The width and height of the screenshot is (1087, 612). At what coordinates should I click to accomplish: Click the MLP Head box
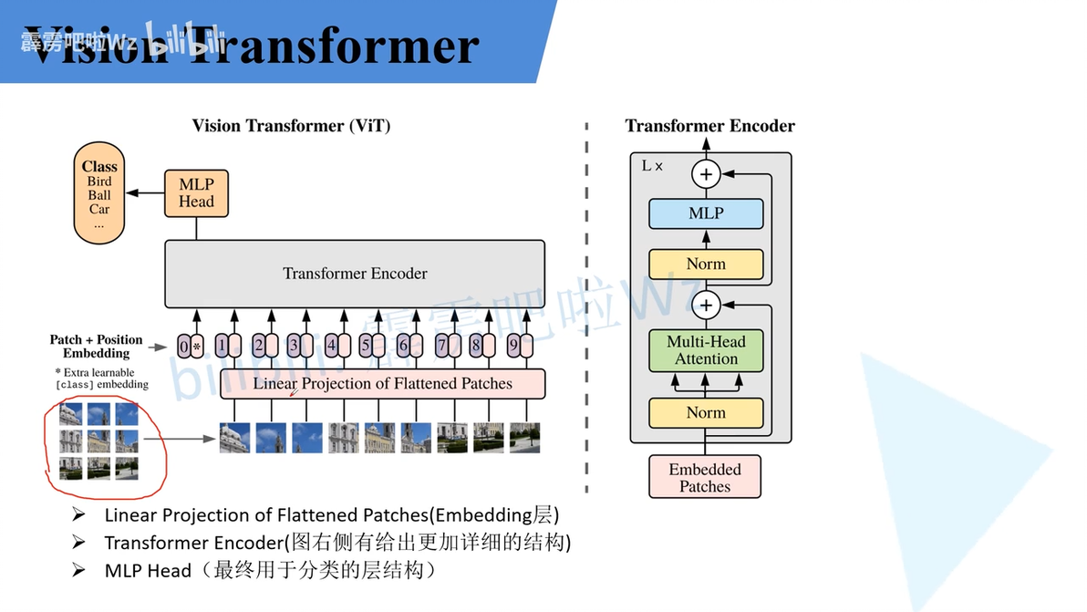coord(196,192)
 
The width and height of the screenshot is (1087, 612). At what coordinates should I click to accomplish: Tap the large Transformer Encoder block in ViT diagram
coord(355,274)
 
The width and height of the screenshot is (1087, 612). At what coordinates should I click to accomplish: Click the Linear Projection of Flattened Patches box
coord(382,384)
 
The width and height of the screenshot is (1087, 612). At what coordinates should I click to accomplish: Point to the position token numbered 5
coord(371,347)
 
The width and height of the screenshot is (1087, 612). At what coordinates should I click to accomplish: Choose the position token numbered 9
coord(517,347)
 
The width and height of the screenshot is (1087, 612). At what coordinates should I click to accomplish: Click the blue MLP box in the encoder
coord(706,213)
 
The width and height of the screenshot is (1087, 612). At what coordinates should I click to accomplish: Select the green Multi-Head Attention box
coord(706,350)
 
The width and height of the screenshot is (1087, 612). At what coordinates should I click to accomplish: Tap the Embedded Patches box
coord(705,477)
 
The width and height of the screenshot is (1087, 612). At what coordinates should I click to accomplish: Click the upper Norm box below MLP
coord(706,264)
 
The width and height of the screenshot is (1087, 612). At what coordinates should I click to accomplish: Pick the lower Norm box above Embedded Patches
coord(706,412)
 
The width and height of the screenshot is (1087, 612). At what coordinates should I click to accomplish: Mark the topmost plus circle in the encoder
coord(706,173)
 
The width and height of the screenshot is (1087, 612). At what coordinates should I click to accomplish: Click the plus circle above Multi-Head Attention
coord(706,304)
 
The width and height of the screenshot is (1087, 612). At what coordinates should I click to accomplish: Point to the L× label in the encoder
coord(653,166)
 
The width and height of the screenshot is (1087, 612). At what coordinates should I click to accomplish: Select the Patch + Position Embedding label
coord(96,347)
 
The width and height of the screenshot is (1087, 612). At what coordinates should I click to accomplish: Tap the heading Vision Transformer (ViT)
coord(291,126)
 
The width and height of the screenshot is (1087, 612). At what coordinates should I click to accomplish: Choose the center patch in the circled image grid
coord(98,441)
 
